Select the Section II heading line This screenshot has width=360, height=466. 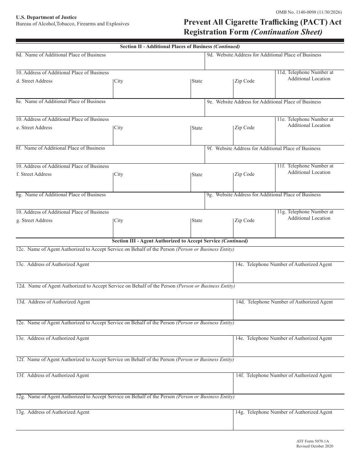[180, 47]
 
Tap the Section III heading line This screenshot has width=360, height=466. [180, 241]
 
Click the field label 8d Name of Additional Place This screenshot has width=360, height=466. [61, 55]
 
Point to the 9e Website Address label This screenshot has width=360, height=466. [264, 102]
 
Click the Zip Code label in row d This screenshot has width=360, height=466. [244, 81]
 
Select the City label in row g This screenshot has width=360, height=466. [119, 220]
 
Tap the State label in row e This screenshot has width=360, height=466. [197, 128]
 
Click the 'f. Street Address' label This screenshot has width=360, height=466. [34, 174]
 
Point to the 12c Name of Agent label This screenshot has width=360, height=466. [125, 249]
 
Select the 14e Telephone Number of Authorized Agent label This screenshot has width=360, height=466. [283, 338]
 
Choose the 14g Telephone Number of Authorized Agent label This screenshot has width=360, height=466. [284, 412]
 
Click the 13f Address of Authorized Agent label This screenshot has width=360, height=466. [53, 375]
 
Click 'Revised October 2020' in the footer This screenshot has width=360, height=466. [315, 446]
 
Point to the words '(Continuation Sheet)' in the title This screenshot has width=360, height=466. [287, 32]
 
